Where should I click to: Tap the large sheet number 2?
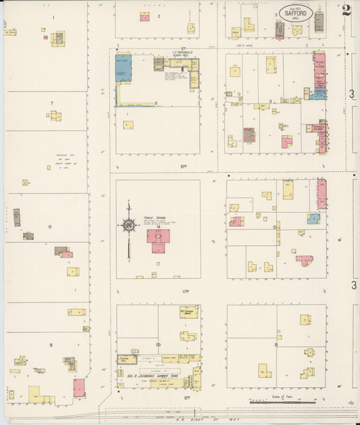pyautogui.click(x=346, y=10)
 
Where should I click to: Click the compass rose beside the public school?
pyautogui.click(x=128, y=225)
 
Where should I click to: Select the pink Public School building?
pyautogui.click(x=158, y=239)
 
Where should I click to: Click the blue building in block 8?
pyautogui.click(x=123, y=68)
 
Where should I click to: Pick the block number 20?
pyautogui.click(x=157, y=345)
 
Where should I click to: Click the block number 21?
pyautogui.click(x=276, y=345)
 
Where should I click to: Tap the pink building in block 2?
pyautogui.click(x=145, y=17)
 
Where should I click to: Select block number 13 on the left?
pyautogui.click(x=49, y=226)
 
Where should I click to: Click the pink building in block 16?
pyautogui.click(x=79, y=388)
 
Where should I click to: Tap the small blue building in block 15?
pyautogui.click(x=313, y=218)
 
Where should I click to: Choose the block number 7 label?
pyautogui.click(x=51, y=103)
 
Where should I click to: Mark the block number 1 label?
pyautogui.click(x=53, y=16)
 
